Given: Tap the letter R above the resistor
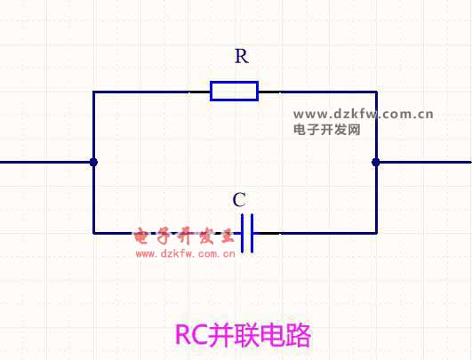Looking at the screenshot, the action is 242,56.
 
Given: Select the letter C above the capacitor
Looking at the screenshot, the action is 240,200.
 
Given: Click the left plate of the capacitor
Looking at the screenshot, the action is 243,233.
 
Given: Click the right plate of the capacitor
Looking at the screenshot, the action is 252,233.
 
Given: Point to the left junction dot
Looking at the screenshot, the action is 93,163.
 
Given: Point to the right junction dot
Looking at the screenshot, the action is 376,163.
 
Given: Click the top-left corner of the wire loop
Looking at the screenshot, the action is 93,92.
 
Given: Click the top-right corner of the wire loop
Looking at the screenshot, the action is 376,92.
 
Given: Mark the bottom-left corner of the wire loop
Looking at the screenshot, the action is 93,233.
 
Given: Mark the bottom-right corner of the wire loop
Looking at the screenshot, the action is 376,233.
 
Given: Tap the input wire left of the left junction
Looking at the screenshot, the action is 45,163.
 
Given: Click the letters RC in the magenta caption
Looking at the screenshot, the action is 191,335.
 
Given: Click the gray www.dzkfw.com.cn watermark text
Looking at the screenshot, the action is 364,115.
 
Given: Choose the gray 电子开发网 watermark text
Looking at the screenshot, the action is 326,130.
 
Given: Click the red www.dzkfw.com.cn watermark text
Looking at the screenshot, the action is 185,254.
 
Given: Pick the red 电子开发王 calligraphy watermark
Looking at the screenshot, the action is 184,236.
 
